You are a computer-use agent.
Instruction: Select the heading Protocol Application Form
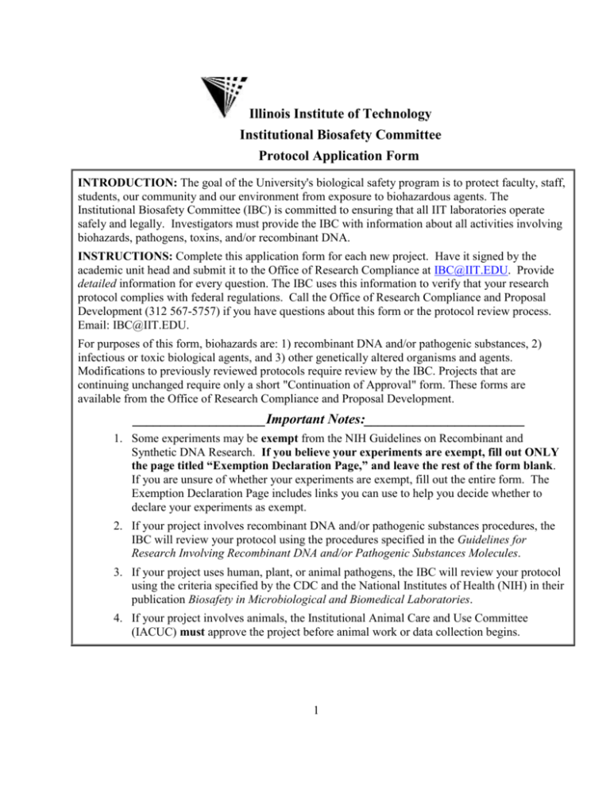point(341,156)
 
